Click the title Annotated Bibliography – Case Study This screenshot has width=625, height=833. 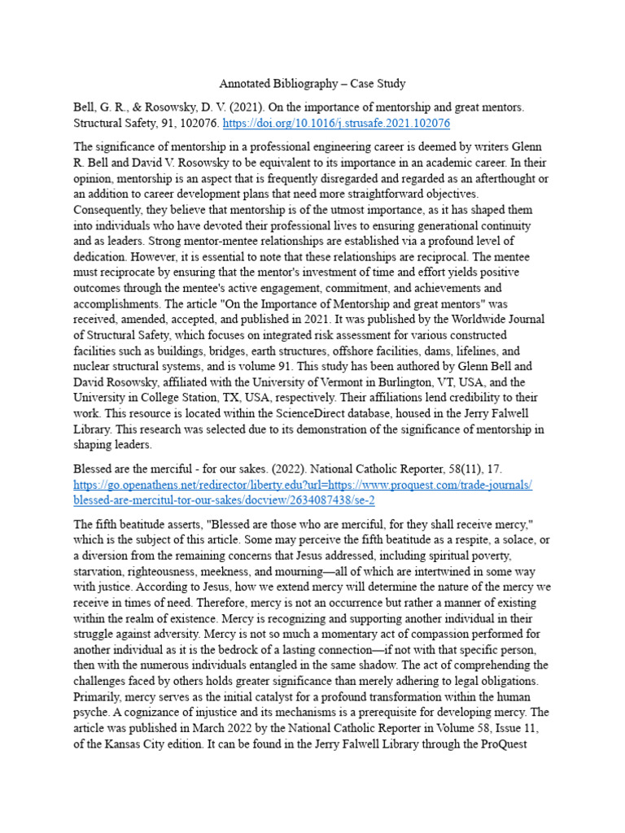pyautogui.click(x=312, y=84)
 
